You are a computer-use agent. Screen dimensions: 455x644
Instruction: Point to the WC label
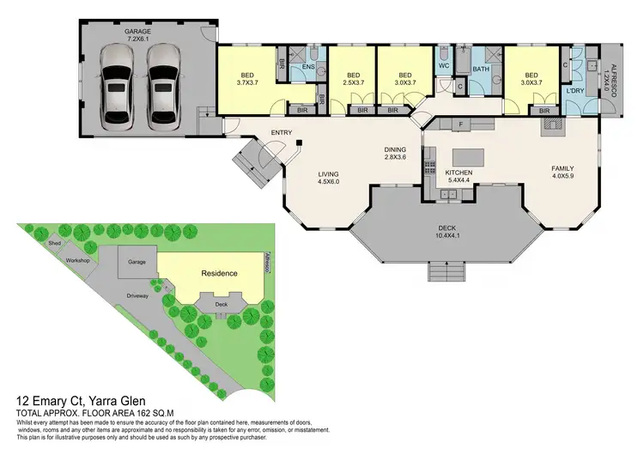point(443,65)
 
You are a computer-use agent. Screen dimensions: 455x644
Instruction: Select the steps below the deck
point(447,272)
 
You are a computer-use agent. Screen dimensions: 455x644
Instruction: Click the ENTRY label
point(282,132)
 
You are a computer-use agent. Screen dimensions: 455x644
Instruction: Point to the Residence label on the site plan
point(219,273)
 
